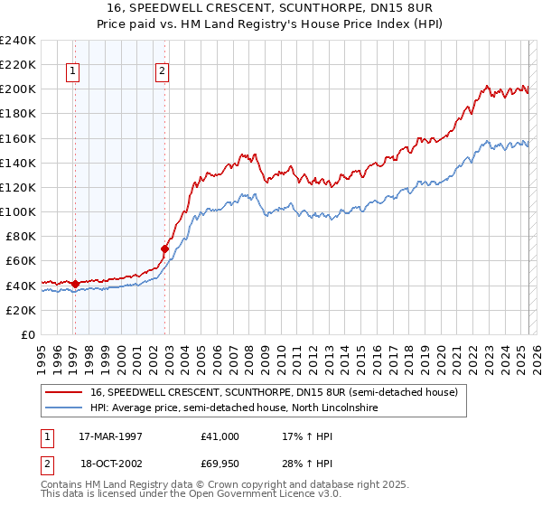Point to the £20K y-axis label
(20, 310)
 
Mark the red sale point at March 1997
(75, 284)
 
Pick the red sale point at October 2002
(164, 248)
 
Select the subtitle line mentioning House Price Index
(271, 24)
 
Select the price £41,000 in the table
(220, 436)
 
